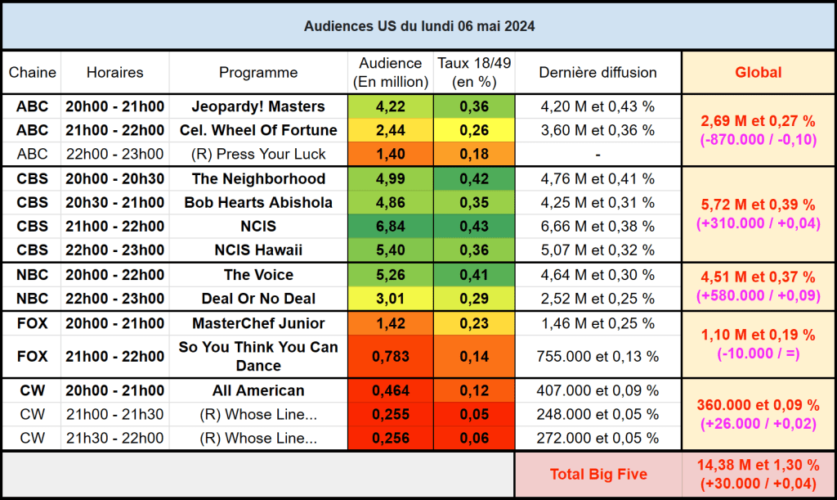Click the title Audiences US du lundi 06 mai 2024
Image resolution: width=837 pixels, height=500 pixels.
click(419, 26)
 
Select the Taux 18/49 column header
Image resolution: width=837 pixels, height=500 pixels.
click(474, 72)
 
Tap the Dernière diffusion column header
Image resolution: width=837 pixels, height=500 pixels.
click(598, 72)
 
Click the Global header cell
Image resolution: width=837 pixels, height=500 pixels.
click(758, 72)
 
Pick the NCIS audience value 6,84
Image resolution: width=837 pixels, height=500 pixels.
click(390, 226)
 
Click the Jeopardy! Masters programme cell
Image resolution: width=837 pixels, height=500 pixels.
click(258, 106)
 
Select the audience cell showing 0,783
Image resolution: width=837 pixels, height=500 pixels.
click(390, 356)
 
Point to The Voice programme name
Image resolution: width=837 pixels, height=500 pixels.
click(258, 275)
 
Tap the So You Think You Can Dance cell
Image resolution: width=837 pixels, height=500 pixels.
click(258, 356)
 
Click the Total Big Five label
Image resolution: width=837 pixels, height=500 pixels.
click(598, 473)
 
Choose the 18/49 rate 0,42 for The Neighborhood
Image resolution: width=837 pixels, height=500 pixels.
click(474, 178)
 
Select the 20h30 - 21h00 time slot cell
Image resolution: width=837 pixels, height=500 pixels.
click(114, 202)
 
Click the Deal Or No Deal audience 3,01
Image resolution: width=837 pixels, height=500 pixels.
click(390, 299)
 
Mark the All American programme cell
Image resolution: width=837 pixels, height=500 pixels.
click(258, 390)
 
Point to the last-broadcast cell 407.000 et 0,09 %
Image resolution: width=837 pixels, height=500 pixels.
click(598, 390)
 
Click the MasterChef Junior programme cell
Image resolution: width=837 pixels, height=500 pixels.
click(258, 323)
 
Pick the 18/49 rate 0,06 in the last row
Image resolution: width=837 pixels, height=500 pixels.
click(474, 438)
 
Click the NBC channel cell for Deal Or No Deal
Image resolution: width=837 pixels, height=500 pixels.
click(32, 299)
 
